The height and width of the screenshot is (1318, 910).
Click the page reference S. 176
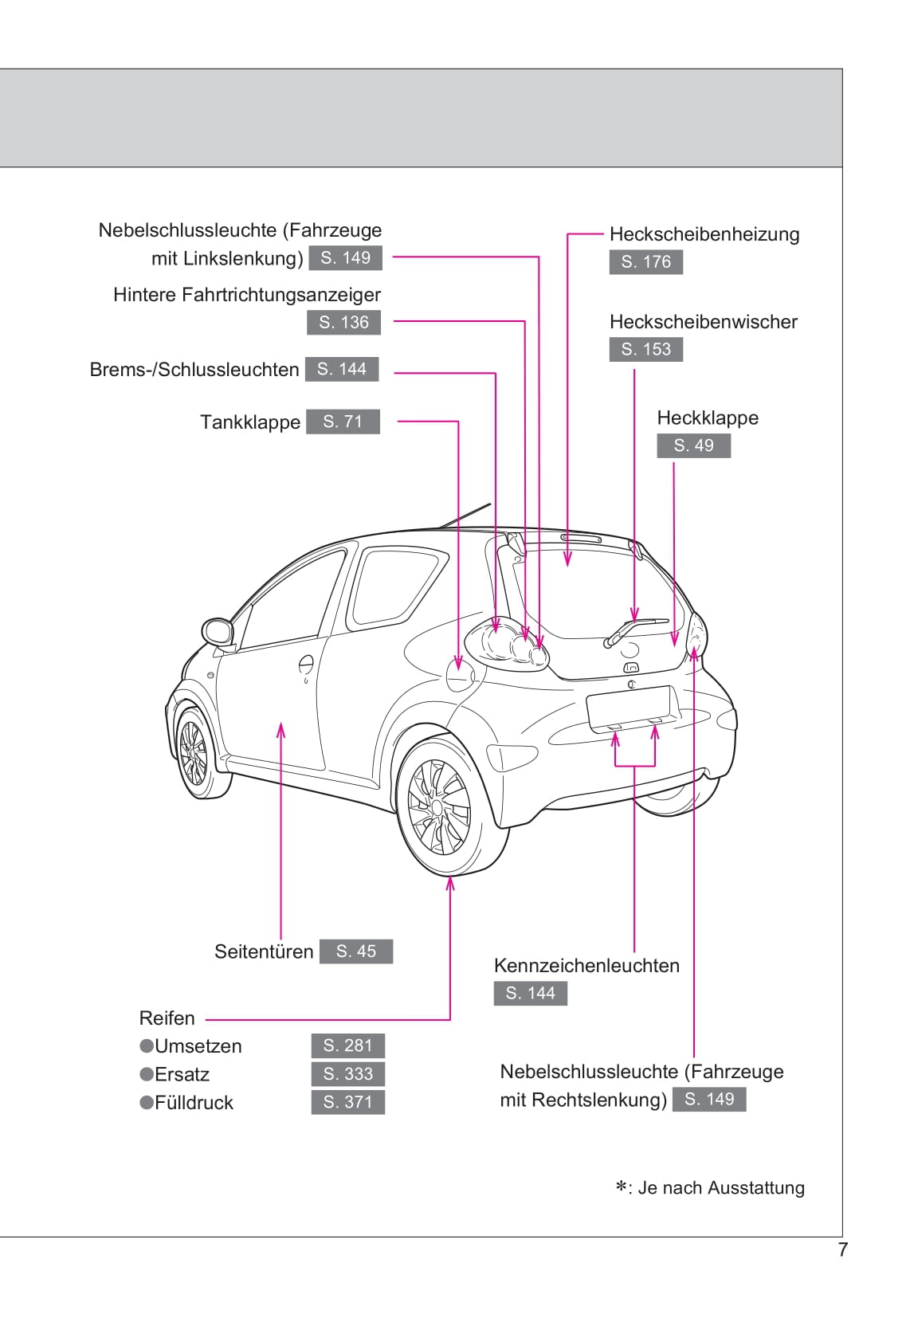tap(645, 261)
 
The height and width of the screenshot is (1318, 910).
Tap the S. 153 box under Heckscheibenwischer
tap(645, 349)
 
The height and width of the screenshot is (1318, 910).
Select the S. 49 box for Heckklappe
tap(693, 445)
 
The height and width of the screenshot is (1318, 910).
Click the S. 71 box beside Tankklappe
tap(343, 422)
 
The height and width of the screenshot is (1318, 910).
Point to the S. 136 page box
tap(343, 322)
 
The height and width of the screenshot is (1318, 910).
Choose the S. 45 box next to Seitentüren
tap(355, 951)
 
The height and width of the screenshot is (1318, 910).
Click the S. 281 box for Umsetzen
tap(347, 1045)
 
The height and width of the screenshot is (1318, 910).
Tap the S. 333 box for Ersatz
tap(347, 1073)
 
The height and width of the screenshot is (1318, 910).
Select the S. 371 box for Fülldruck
tap(347, 1102)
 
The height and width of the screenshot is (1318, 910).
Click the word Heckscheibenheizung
tap(704, 234)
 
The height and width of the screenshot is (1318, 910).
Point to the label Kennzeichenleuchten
tap(586, 966)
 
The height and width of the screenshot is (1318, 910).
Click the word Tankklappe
tap(250, 422)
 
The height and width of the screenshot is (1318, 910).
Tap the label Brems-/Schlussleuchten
tap(194, 370)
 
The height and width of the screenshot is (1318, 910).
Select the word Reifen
tap(167, 1018)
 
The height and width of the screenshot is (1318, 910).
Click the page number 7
tap(842, 1249)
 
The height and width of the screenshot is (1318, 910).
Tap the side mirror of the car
tap(217, 632)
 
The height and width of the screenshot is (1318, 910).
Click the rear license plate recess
tap(628, 707)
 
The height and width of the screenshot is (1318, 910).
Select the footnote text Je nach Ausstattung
tap(720, 1188)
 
